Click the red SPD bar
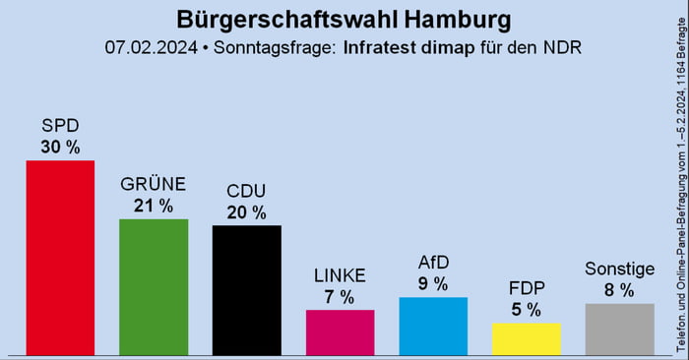coord(60,257)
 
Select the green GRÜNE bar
coord(153,286)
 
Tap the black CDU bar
coord(246,289)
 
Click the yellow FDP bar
coord(526,338)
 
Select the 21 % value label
coord(153,206)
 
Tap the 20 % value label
coord(246,211)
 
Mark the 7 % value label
coord(340,297)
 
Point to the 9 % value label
coord(432,283)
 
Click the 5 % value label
coord(526,310)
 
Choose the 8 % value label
coord(619,290)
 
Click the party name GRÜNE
coord(153,185)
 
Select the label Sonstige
coord(619,269)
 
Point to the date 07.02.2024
coord(148,47)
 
